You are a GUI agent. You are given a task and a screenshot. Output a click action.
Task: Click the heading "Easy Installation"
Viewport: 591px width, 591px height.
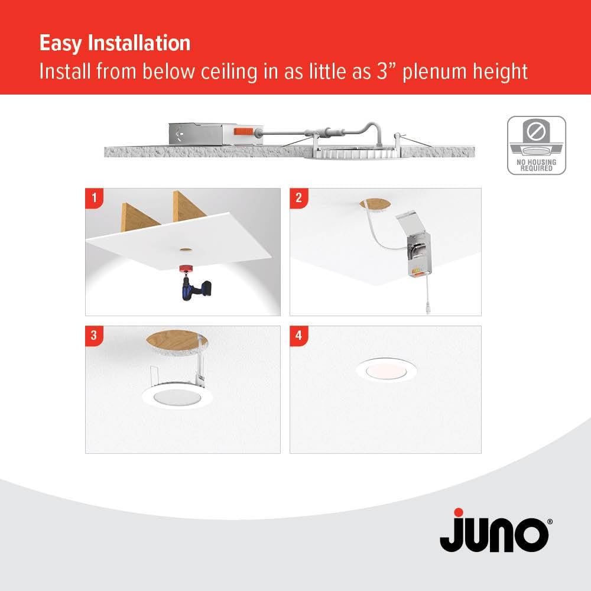(115, 43)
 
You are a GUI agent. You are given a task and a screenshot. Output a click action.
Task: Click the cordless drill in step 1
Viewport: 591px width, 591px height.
(192, 290)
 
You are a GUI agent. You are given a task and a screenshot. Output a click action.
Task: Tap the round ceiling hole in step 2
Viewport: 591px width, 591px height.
(374, 204)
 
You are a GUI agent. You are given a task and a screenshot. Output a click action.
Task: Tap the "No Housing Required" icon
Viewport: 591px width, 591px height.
(536, 145)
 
